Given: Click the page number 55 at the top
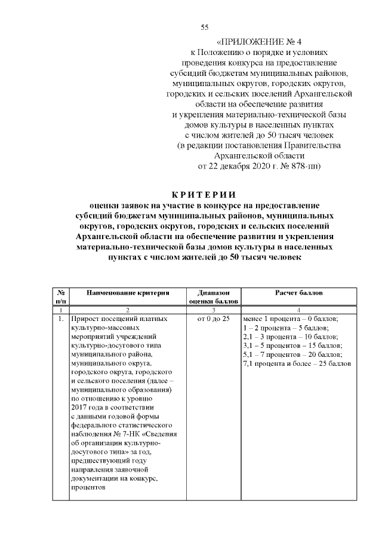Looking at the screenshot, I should pyautogui.click(x=204, y=28).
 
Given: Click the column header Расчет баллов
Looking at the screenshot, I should pyautogui.click(x=298, y=293).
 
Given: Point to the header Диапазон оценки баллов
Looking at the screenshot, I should pyautogui.click(x=213, y=297).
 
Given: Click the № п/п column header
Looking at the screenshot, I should pyautogui.click(x=60, y=297).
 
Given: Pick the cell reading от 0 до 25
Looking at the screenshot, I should pyautogui.click(x=213, y=319).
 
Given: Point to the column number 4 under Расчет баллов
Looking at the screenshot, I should pyautogui.click(x=298, y=310).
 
